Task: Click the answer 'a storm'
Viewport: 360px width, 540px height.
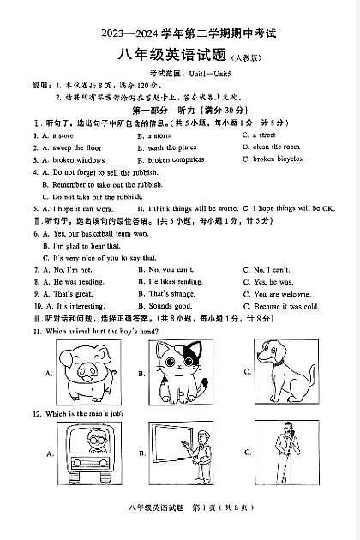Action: point(159,135)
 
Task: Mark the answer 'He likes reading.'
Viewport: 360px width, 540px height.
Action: point(175,282)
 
